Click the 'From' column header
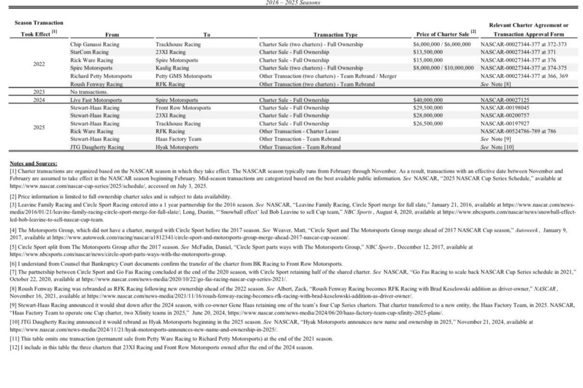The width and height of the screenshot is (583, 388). click(x=112, y=35)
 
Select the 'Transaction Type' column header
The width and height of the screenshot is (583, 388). click(x=335, y=35)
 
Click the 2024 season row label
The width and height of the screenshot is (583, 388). click(x=39, y=100)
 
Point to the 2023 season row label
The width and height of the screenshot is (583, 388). click(x=39, y=92)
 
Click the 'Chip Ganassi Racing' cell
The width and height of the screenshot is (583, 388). click(x=95, y=45)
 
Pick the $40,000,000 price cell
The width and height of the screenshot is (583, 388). click(x=428, y=100)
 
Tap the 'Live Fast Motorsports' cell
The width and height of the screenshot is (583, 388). click(x=96, y=100)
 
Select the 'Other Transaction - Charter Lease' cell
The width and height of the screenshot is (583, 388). click(x=299, y=131)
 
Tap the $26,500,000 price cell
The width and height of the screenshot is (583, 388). click(x=428, y=123)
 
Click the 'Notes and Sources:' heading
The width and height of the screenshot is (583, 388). click(x=33, y=164)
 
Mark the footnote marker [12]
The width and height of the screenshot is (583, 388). click(x=13, y=347)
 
